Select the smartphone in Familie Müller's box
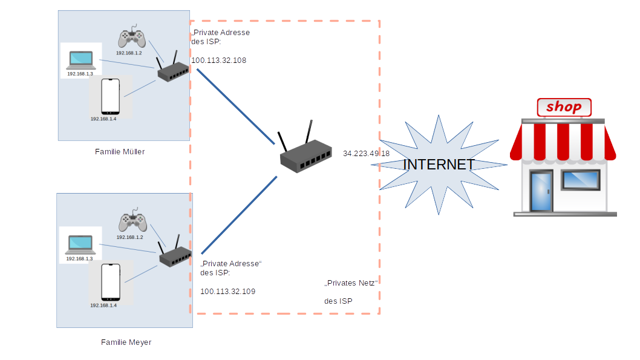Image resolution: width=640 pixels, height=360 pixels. click(x=110, y=96)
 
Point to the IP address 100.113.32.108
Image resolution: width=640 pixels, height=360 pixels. click(x=218, y=61)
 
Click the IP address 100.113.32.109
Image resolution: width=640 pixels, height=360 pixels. click(x=227, y=292)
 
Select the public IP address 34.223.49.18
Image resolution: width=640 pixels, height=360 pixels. click(x=366, y=154)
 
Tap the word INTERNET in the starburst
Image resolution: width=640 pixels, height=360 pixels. click(x=439, y=165)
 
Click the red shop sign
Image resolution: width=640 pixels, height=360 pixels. click(x=564, y=108)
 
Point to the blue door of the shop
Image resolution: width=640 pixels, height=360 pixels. click(x=541, y=190)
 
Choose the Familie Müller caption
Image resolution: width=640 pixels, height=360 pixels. click(x=120, y=152)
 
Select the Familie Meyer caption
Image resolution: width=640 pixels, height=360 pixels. click(x=126, y=342)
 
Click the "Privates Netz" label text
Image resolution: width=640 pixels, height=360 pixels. click(x=351, y=283)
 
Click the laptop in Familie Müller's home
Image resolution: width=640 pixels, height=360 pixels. click(x=81, y=59)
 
